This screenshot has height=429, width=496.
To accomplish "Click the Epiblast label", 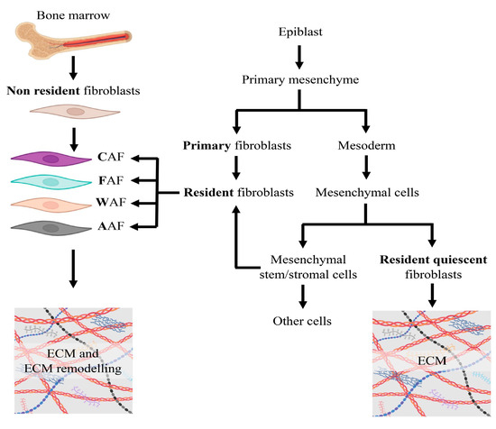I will (x=302, y=35).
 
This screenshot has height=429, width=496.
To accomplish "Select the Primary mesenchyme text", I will (x=302, y=78).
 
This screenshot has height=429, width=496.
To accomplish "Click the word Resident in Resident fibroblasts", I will (x=207, y=192).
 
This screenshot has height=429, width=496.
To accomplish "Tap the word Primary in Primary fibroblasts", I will (x=206, y=144).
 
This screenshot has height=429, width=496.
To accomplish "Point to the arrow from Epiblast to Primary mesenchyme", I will (x=302, y=57).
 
